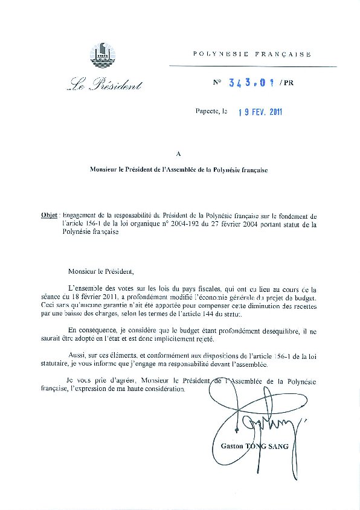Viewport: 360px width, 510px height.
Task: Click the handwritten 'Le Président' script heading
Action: pyautogui.click(x=104, y=85)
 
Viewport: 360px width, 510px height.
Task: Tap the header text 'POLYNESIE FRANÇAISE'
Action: pyautogui.click(x=252, y=54)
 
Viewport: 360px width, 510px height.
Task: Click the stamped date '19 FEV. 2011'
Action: pyautogui.click(x=260, y=112)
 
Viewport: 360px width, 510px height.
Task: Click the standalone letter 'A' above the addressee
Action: pyautogui.click(x=178, y=154)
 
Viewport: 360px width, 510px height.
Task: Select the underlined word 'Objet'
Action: pyautogui.click(x=49, y=215)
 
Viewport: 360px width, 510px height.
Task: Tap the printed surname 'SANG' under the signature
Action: pyautogui.click(x=277, y=446)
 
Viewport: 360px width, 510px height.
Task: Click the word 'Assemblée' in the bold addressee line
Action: pyautogui.click(x=179, y=170)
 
